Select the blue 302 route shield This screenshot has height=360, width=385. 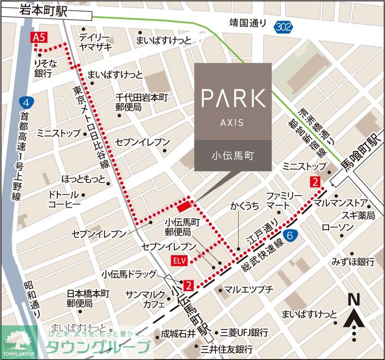(284, 27)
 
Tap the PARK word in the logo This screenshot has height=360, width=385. (233, 98)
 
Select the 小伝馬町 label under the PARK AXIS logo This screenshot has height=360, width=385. (233, 156)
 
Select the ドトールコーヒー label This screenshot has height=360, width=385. (64, 199)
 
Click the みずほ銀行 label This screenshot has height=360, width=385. (353, 261)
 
